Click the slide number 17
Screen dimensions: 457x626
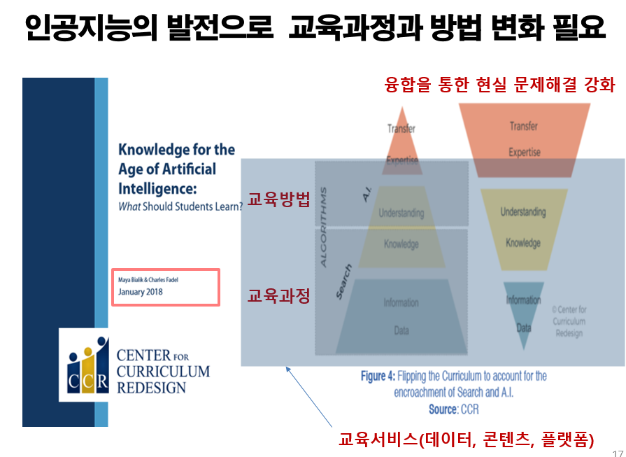(x=617, y=452)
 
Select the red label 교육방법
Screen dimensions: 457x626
(x=278, y=199)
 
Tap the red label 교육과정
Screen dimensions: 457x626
(x=278, y=295)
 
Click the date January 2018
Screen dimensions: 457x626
(x=141, y=292)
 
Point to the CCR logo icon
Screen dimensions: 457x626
(x=88, y=365)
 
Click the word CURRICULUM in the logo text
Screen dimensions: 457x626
(x=163, y=372)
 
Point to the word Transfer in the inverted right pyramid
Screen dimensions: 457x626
(x=524, y=127)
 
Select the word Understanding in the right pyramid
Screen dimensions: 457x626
(x=523, y=212)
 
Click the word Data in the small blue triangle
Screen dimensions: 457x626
(x=523, y=327)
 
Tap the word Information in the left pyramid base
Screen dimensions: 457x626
(x=401, y=303)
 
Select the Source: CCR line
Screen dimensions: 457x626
(x=454, y=409)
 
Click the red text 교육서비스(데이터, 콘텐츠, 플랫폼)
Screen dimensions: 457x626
(x=466, y=440)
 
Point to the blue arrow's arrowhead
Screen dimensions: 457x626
(x=285, y=369)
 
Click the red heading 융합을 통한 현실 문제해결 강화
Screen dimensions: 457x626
(x=500, y=85)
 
